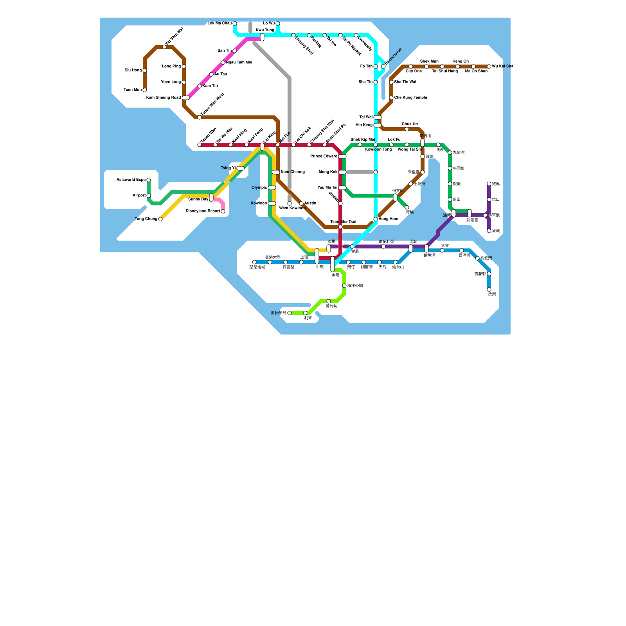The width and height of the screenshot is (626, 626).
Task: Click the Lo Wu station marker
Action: [278, 23]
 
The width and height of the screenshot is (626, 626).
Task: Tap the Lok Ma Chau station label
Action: [219, 23]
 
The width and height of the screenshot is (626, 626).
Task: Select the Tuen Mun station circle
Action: [145, 90]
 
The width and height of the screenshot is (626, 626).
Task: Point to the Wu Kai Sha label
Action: [502, 67]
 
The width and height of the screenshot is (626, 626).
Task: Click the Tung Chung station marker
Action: [160, 219]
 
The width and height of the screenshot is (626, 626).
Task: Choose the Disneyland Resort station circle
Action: [223, 211]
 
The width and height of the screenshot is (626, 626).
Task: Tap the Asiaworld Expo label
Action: [131, 180]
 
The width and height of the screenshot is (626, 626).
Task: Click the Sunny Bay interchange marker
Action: [211, 198]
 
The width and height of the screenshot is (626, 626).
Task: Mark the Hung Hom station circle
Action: [376, 219]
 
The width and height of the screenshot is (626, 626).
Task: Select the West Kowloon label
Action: [292, 208]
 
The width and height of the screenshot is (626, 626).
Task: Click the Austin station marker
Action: [301, 203]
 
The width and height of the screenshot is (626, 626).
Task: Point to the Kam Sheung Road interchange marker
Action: [186, 98]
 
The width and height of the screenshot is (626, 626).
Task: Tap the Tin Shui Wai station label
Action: [174, 36]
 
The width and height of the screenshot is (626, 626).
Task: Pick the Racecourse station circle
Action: [383, 67]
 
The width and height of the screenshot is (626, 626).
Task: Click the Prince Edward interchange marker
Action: [342, 156]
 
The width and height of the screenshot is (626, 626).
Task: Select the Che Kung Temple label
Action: [410, 98]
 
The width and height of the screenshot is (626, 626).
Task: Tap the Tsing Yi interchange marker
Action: [241, 168]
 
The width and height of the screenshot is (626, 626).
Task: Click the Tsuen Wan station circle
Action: [200, 145]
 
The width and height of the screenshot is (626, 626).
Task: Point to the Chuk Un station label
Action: [410, 124]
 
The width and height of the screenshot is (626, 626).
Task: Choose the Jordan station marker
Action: [340, 203]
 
